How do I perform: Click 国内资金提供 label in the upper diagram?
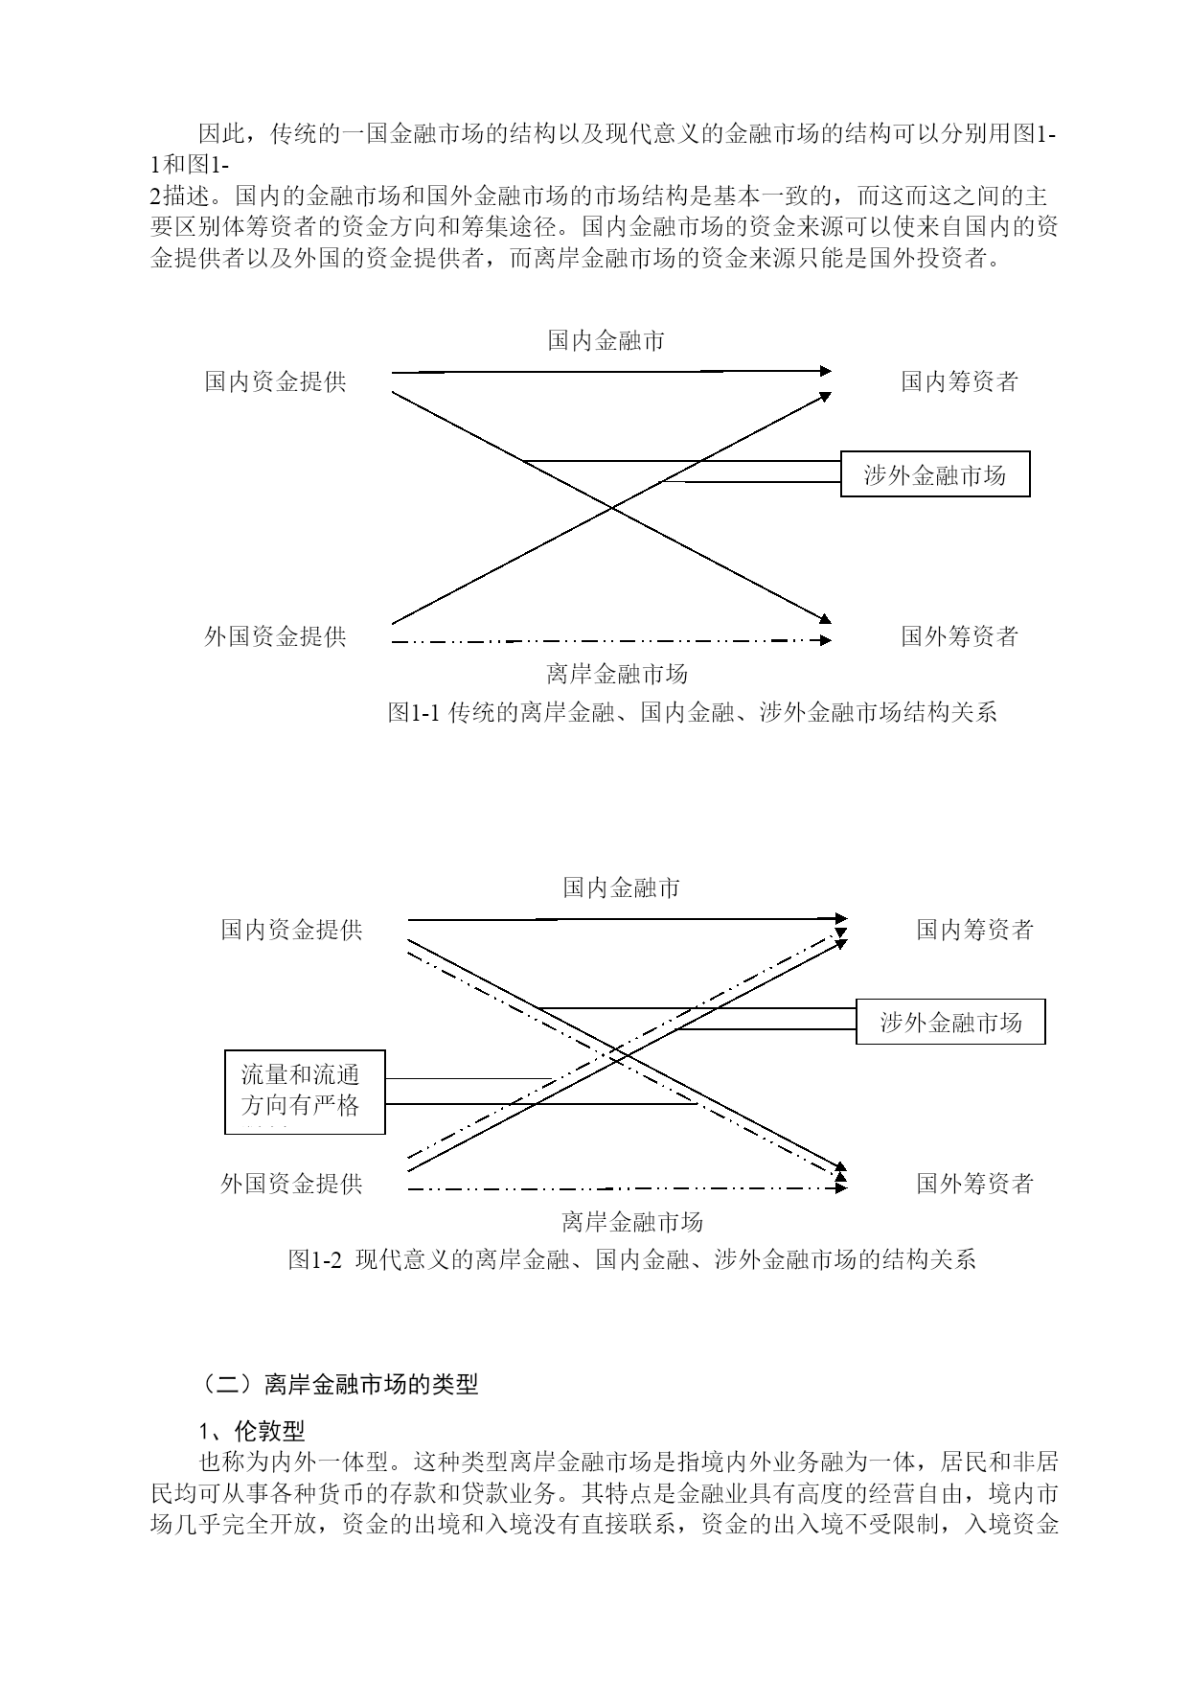(276, 381)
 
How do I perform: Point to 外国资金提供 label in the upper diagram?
(276, 636)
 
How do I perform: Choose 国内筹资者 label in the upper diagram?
(959, 381)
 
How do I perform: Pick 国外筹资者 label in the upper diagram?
(959, 636)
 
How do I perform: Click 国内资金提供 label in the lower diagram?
(292, 929)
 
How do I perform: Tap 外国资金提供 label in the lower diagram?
(292, 1184)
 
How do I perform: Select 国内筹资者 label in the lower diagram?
(975, 929)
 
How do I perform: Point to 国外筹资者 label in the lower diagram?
(975, 1184)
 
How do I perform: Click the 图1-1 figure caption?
(693, 712)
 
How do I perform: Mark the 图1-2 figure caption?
(632, 1259)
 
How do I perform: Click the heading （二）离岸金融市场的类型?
(338, 1384)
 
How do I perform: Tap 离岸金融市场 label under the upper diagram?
(618, 674)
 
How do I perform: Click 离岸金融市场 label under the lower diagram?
(633, 1221)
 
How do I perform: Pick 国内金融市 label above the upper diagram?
(606, 340)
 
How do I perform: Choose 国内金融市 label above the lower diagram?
(622, 887)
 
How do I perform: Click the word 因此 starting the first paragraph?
(221, 133)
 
